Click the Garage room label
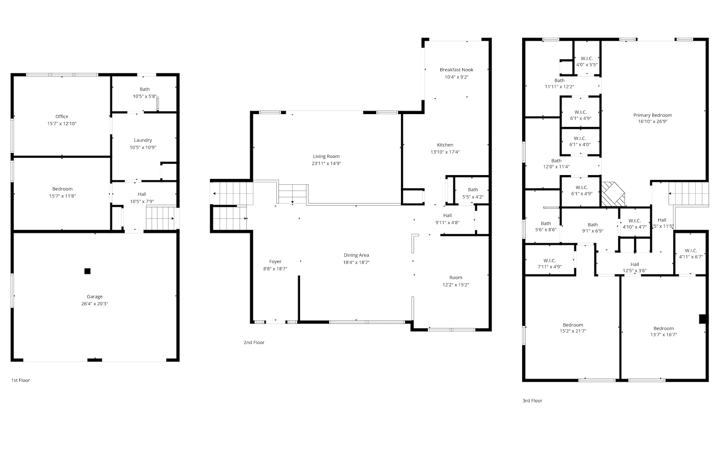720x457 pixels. point(95,296)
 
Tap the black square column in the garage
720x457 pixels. point(87,271)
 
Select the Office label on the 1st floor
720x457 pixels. point(62,117)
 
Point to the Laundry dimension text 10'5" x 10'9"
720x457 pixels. point(143,147)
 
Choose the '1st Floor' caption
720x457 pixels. point(20,380)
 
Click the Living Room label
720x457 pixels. point(326,156)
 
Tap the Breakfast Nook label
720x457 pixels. point(457,70)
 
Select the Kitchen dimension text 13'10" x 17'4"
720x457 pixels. point(445,152)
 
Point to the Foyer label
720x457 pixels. point(275,262)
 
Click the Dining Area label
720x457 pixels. point(356,255)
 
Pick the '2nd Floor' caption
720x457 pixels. point(254,343)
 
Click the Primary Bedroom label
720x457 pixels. point(653,115)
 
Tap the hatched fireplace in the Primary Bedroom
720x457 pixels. point(612,194)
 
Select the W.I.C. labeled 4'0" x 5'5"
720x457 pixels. point(587,58)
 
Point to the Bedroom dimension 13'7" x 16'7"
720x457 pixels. point(664,335)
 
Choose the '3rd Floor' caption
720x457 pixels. point(532,401)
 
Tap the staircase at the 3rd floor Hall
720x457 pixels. point(688,194)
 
